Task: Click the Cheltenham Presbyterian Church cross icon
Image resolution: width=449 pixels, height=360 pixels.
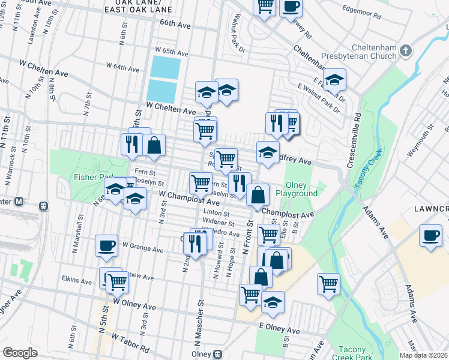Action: click(x=406, y=50)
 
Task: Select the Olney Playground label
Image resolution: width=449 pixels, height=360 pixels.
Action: click(x=297, y=190)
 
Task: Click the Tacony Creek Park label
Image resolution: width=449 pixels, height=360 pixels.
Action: click(x=356, y=353)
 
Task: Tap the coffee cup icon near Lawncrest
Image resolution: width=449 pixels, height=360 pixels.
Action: click(x=430, y=235)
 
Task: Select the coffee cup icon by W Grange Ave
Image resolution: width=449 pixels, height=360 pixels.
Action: click(x=107, y=245)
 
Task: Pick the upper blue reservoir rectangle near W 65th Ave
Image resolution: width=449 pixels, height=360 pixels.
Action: click(x=164, y=67)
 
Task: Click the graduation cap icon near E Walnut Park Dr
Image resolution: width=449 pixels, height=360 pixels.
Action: click(x=334, y=80)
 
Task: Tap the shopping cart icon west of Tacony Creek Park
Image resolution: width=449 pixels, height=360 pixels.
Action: click(x=328, y=284)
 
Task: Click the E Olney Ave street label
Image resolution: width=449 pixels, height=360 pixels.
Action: click(x=279, y=331)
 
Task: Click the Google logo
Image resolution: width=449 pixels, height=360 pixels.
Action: click(x=20, y=353)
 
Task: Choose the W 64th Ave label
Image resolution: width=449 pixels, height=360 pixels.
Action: click(x=122, y=66)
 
